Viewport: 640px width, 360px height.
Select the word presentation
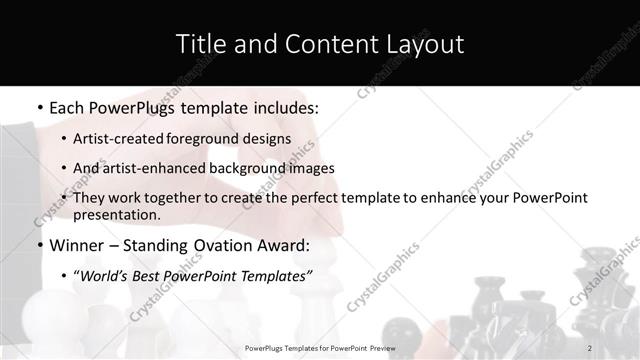point(116,214)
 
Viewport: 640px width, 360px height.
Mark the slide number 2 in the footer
point(590,348)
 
